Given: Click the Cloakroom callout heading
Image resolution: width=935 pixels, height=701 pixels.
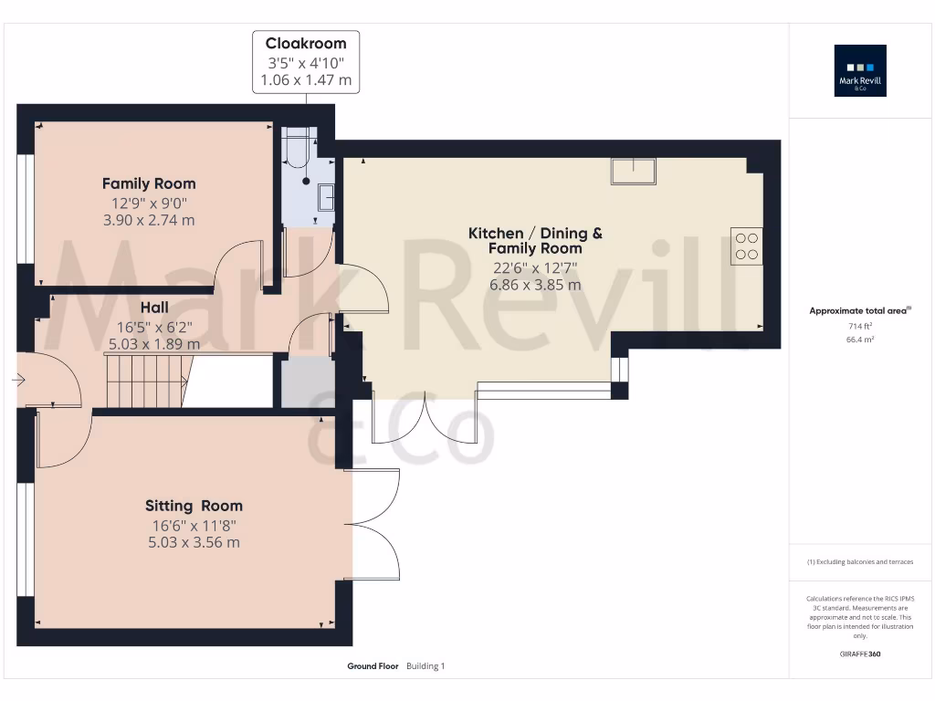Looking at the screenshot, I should click(305, 43).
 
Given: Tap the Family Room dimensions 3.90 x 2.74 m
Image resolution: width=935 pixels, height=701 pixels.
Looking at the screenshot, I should click(149, 220).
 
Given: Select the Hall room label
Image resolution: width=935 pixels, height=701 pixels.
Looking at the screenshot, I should click(154, 308).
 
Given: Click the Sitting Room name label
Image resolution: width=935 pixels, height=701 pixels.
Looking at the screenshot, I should click(194, 506).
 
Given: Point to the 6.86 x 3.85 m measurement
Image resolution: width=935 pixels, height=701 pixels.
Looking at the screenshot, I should click(535, 285).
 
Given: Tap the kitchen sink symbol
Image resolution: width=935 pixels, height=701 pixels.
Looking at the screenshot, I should click(634, 171).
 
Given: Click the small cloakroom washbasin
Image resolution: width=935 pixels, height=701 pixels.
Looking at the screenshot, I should click(326, 196).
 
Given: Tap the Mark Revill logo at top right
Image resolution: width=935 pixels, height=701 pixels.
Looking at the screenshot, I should click(860, 71).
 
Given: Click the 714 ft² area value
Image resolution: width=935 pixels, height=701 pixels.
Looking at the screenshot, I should click(860, 326).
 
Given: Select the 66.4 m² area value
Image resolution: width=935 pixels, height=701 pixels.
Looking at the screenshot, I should click(860, 340).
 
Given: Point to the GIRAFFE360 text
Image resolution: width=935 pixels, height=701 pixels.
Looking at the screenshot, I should click(860, 654).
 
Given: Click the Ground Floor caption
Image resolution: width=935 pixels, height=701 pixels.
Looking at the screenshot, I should click(373, 666).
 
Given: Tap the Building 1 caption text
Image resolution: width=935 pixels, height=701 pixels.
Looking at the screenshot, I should click(425, 666).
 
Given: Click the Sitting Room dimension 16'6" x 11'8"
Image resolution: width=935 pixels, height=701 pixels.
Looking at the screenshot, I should click(194, 525).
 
